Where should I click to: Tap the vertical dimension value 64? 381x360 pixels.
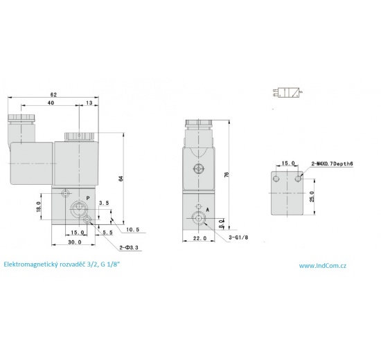(x=120, y=179)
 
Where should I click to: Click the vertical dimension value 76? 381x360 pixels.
(x=226, y=174)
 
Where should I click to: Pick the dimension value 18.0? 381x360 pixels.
(x=39, y=207)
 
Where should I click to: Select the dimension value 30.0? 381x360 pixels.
(x=75, y=242)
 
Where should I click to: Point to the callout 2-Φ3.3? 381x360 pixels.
(x=130, y=246)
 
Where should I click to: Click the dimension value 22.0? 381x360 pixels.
(x=200, y=239)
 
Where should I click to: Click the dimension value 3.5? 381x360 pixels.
(x=104, y=203)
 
